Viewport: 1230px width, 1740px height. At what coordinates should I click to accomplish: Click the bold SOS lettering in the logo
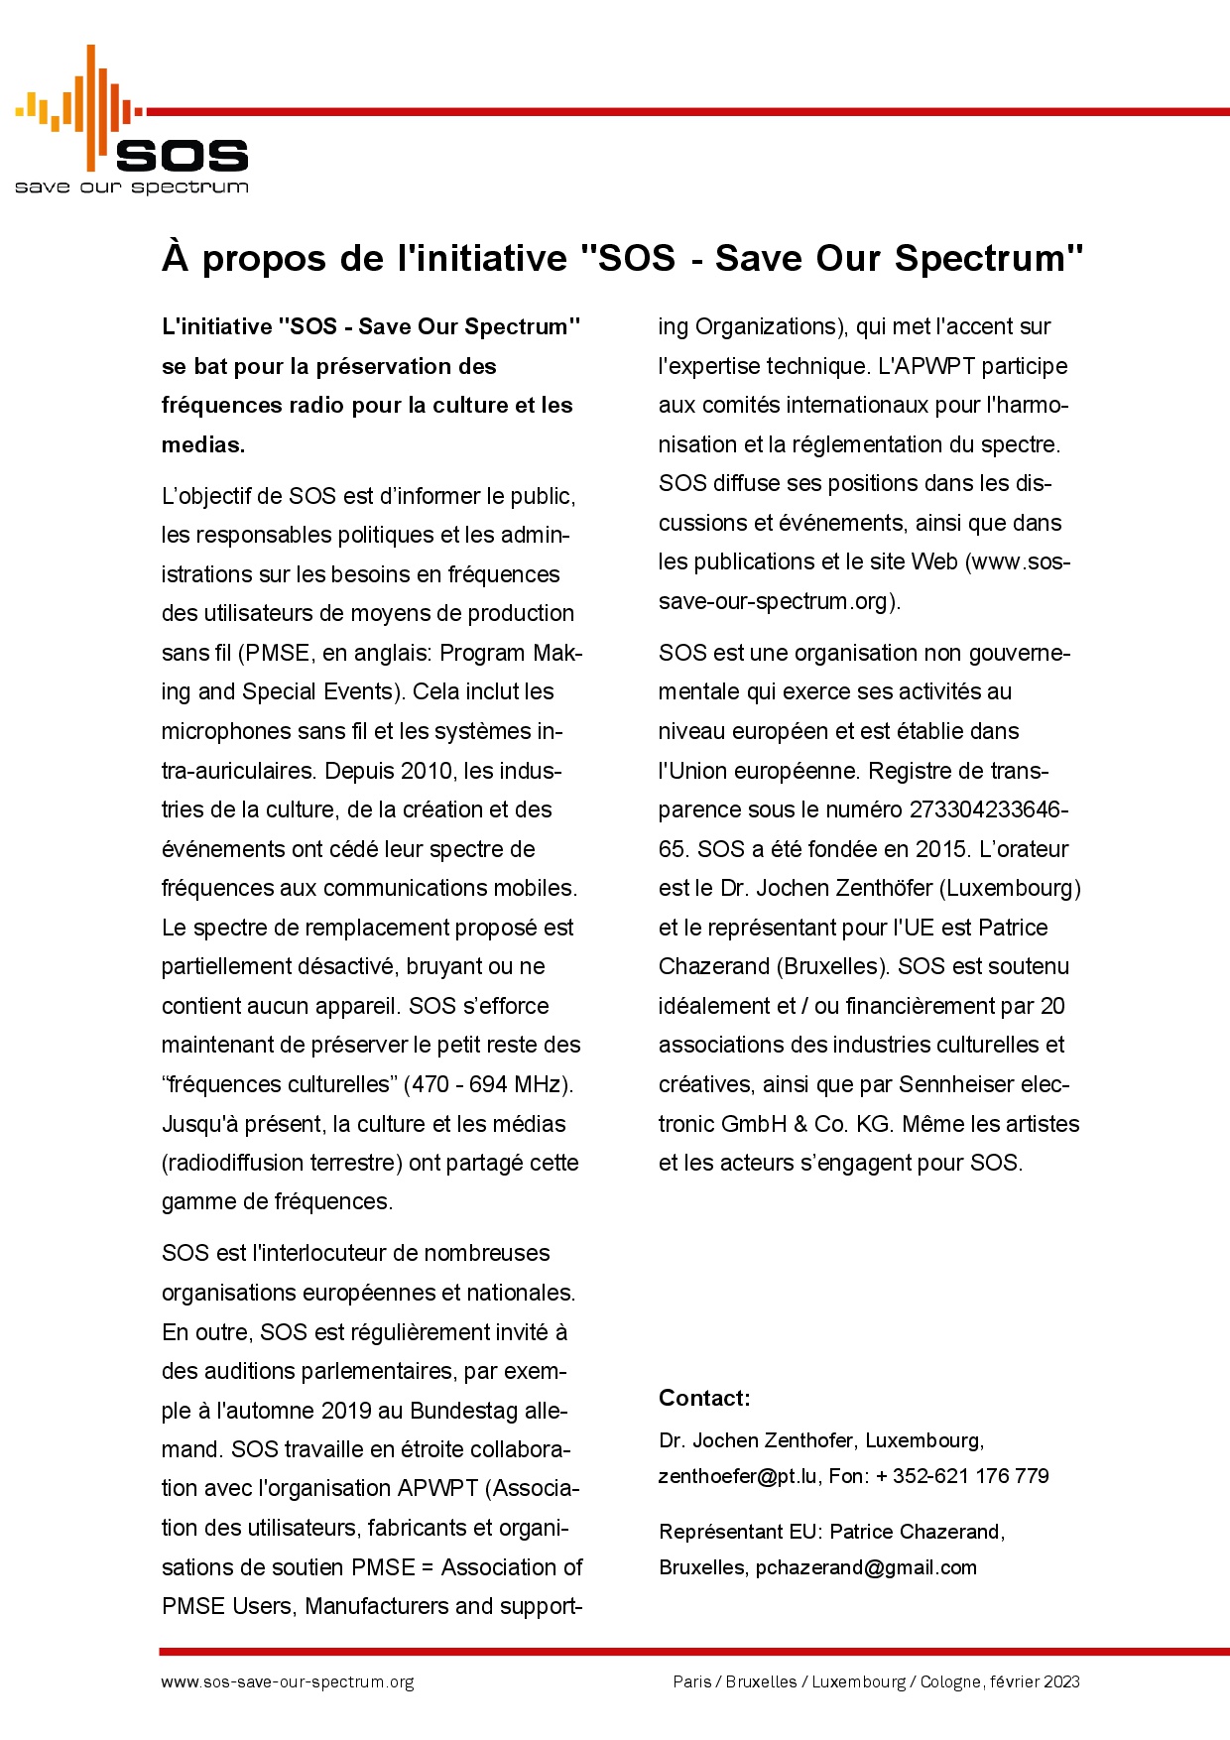click(x=183, y=156)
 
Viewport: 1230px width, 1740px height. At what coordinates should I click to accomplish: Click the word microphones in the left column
click(x=227, y=731)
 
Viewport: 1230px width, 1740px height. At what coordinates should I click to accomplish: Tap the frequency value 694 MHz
click(x=517, y=1084)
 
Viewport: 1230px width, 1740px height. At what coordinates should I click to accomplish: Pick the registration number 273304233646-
click(x=988, y=809)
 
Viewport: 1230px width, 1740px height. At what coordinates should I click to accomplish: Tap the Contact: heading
click(x=704, y=1398)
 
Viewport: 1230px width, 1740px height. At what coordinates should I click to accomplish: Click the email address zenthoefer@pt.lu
click(x=738, y=1476)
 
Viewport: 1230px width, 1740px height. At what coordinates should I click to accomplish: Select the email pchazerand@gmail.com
click(x=866, y=1567)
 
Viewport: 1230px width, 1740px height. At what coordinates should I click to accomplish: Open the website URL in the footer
click(x=288, y=1682)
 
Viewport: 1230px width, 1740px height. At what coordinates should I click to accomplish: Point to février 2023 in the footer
click(x=1035, y=1682)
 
